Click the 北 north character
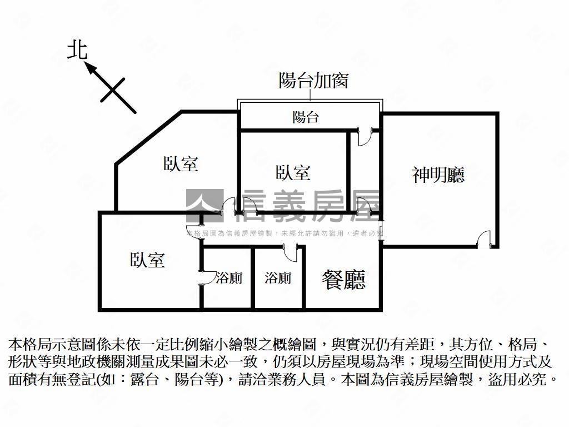(x=77, y=50)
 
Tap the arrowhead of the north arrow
(x=89, y=67)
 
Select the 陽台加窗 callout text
(x=313, y=81)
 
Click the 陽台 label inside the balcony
(x=306, y=117)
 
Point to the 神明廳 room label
(x=438, y=175)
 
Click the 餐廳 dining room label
(x=344, y=280)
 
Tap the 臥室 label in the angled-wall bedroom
(x=181, y=163)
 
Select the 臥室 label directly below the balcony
(x=293, y=173)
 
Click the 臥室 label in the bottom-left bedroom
(x=148, y=260)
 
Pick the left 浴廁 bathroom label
(x=229, y=278)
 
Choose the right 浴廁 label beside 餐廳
(x=278, y=278)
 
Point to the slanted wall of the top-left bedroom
(x=147, y=137)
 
